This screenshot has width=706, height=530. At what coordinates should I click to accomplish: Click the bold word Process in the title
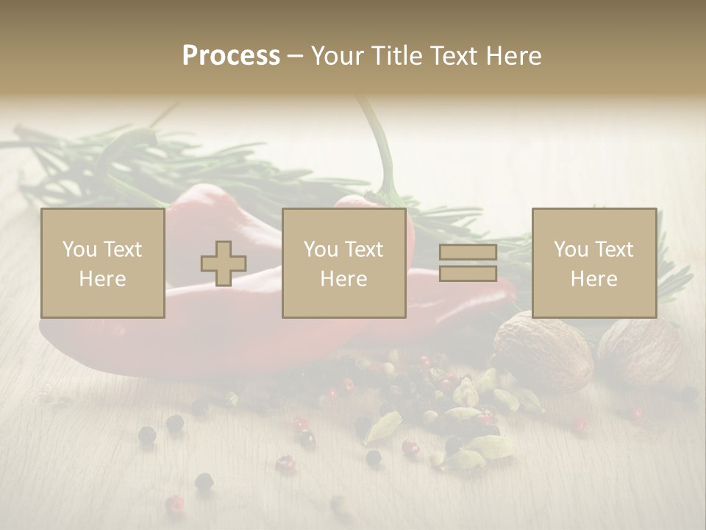(x=231, y=56)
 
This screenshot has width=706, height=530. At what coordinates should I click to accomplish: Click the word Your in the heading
(x=336, y=56)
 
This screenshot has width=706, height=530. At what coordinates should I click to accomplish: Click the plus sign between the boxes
(x=224, y=264)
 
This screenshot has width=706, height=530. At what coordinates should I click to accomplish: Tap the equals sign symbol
(x=468, y=263)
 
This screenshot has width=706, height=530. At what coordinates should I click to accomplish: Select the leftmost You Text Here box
(x=102, y=263)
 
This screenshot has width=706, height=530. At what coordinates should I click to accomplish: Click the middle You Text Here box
(x=343, y=263)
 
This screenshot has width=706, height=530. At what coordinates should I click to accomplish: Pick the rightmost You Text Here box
(x=593, y=263)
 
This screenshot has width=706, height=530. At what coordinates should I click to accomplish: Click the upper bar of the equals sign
(x=468, y=252)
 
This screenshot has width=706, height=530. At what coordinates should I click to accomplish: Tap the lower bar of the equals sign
(x=468, y=274)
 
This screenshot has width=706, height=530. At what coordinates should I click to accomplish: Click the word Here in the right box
(x=593, y=278)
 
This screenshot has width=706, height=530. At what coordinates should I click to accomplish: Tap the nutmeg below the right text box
(x=543, y=352)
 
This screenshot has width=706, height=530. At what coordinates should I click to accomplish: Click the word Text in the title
(x=450, y=56)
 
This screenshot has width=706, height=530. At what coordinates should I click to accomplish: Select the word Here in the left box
(x=102, y=278)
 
